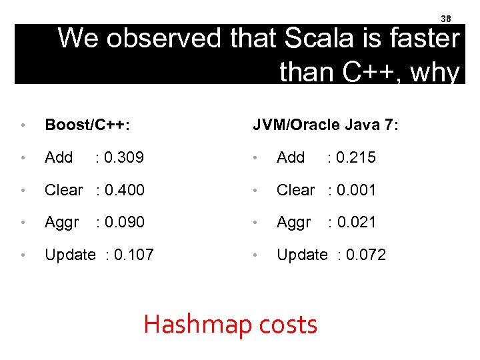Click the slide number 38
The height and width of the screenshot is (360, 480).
pyautogui.click(x=447, y=19)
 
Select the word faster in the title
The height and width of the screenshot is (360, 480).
pyautogui.click(x=422, y=39)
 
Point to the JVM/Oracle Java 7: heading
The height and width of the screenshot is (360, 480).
pyautogui.click(x=325, y=125)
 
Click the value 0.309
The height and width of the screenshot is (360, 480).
pyautogui.click(x=124, y=158)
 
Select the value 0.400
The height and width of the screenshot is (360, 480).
pyautogui.click(x=124, y=191)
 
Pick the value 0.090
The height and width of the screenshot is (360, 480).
pyautogui.click(x=124, y=223)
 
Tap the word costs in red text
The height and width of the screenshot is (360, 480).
pyautogui.click(x=289, y=325)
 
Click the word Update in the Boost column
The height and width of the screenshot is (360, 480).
pyautogui.click(x=70, y=255)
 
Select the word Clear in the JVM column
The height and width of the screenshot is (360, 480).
pyautogui.click(x=295, y=191)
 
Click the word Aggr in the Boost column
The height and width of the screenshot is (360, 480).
pyautogui.click(x=61, y=223)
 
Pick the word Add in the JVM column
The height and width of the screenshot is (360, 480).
pyautogui.click(x=291, y=158)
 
